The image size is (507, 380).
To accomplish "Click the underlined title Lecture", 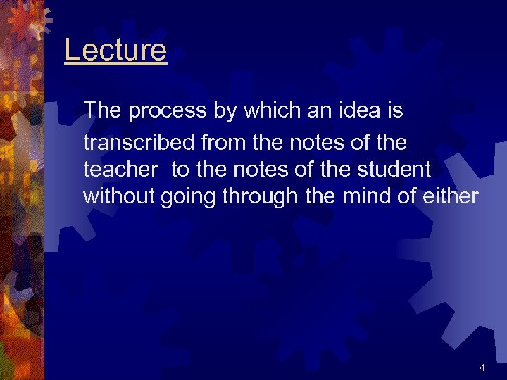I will (115, 51).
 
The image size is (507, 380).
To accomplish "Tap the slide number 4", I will (482, 367).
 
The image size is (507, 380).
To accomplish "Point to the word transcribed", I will (140, 143).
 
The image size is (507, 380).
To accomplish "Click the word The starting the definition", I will (103, 111).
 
